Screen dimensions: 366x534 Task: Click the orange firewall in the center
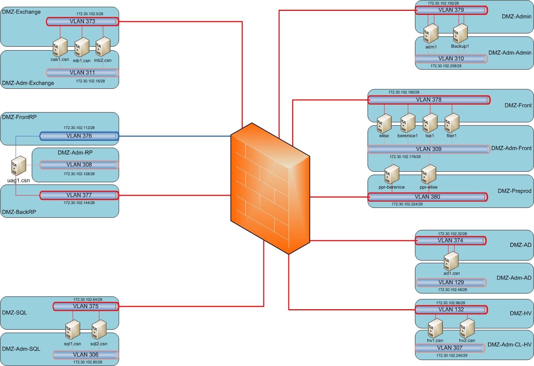click(270, 188)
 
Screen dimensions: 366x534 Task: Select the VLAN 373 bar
click(83, 22)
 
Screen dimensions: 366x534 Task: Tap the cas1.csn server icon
click(60, 47)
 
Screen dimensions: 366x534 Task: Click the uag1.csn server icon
click(19, 166)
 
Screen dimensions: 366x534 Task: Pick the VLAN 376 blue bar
click(79, 136)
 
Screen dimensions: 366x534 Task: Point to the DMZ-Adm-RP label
click(75, 153)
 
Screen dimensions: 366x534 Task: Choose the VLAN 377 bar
click(79, 195)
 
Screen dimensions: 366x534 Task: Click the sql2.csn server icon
click(99, 330)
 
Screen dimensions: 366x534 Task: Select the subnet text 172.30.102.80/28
click(88, 362)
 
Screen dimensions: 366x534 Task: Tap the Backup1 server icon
click(460, 34)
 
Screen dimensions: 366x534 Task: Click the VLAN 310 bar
click(451, 59)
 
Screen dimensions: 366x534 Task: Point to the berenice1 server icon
click(408, 123)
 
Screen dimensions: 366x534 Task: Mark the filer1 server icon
click(452, 123)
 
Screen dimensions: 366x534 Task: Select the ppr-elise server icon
click(429, 174)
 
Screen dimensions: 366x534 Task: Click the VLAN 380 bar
click(428, 197)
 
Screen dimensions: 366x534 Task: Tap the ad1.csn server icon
click(451, 261)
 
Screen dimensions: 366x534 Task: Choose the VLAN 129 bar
click(451, 282)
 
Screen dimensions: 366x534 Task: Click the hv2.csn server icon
click(467, 328)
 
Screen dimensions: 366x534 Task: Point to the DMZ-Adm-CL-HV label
click(509, 345)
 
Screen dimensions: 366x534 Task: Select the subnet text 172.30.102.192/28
click(443, 3)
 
